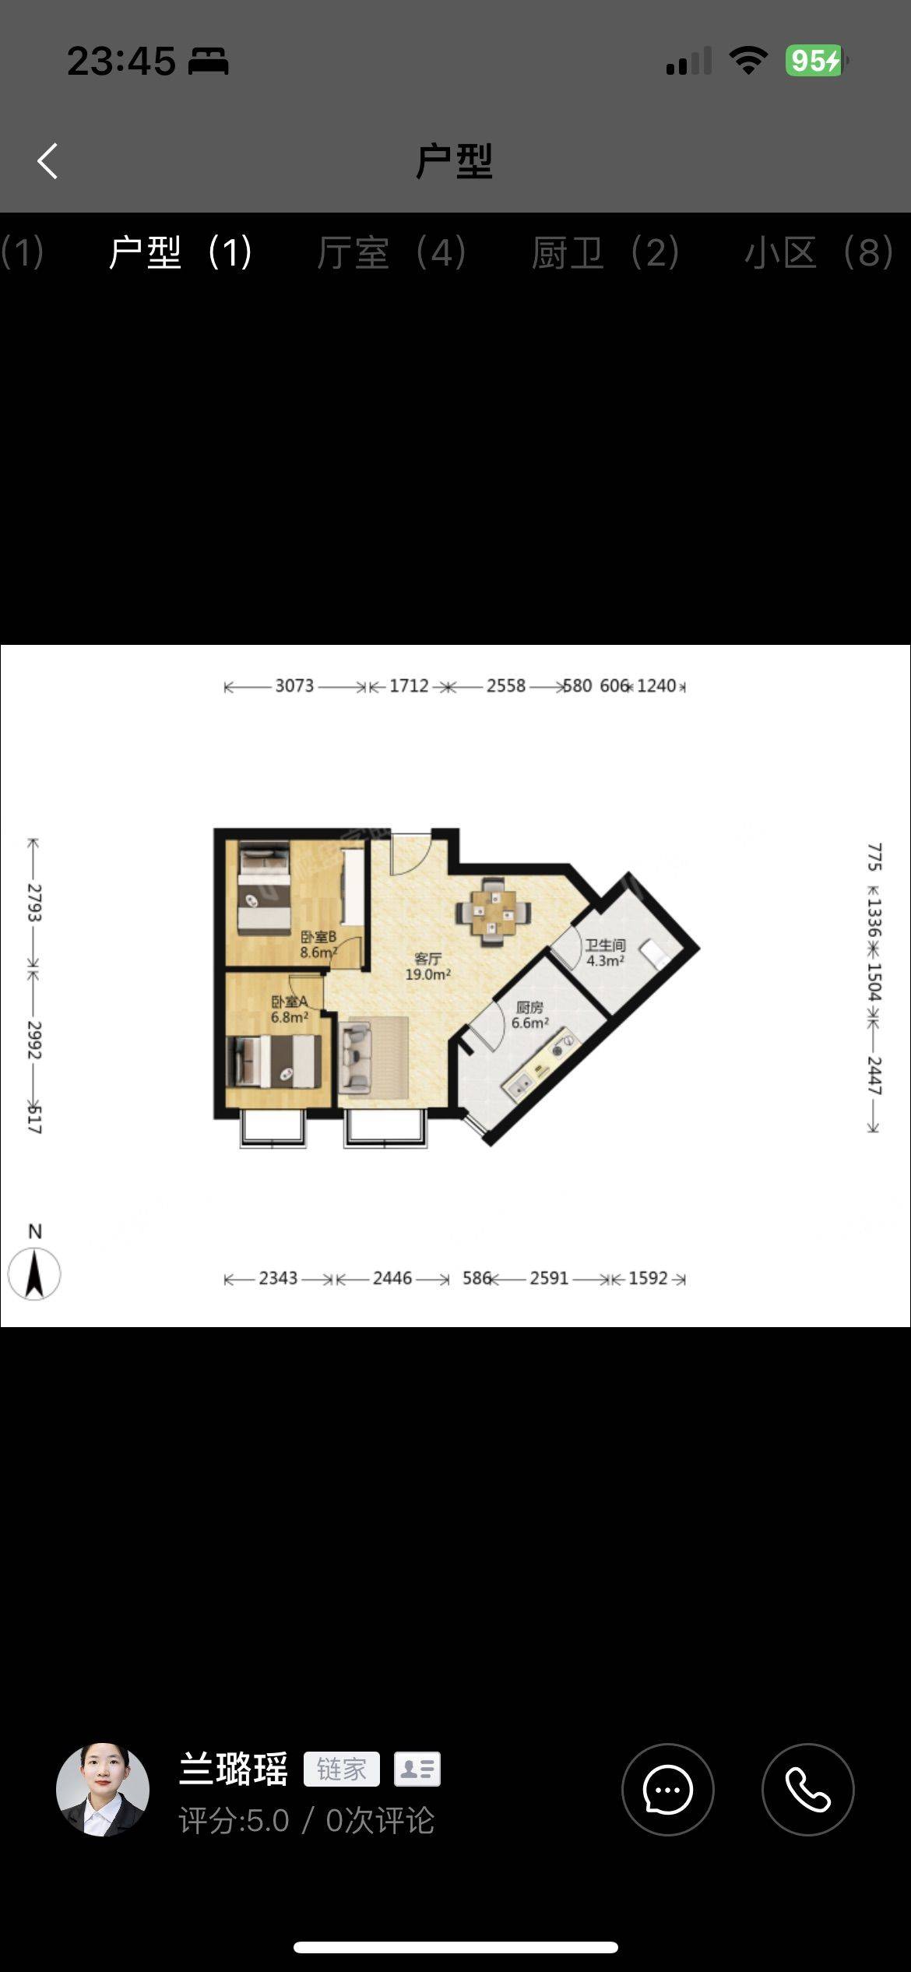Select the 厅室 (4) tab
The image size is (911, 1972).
(x=392, y=253)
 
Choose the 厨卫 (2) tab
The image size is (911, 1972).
(x=606, y=253)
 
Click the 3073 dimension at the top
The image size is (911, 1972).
(x=294, y=686)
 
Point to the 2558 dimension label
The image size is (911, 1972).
(x=506, y=686)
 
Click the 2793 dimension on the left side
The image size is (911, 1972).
(x=34, y=903)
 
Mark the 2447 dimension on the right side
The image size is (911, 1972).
(x=874, y=1076)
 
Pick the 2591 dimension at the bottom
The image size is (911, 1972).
(x=549, y=1279)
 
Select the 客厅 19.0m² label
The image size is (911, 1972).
(x=427, y=967)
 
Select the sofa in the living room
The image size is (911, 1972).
(x=357, y=1058)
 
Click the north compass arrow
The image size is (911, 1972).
(x=34, y=1274)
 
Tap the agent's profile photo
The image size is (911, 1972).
(x=103, y=1790)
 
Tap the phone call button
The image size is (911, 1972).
(x=807, y=1790)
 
